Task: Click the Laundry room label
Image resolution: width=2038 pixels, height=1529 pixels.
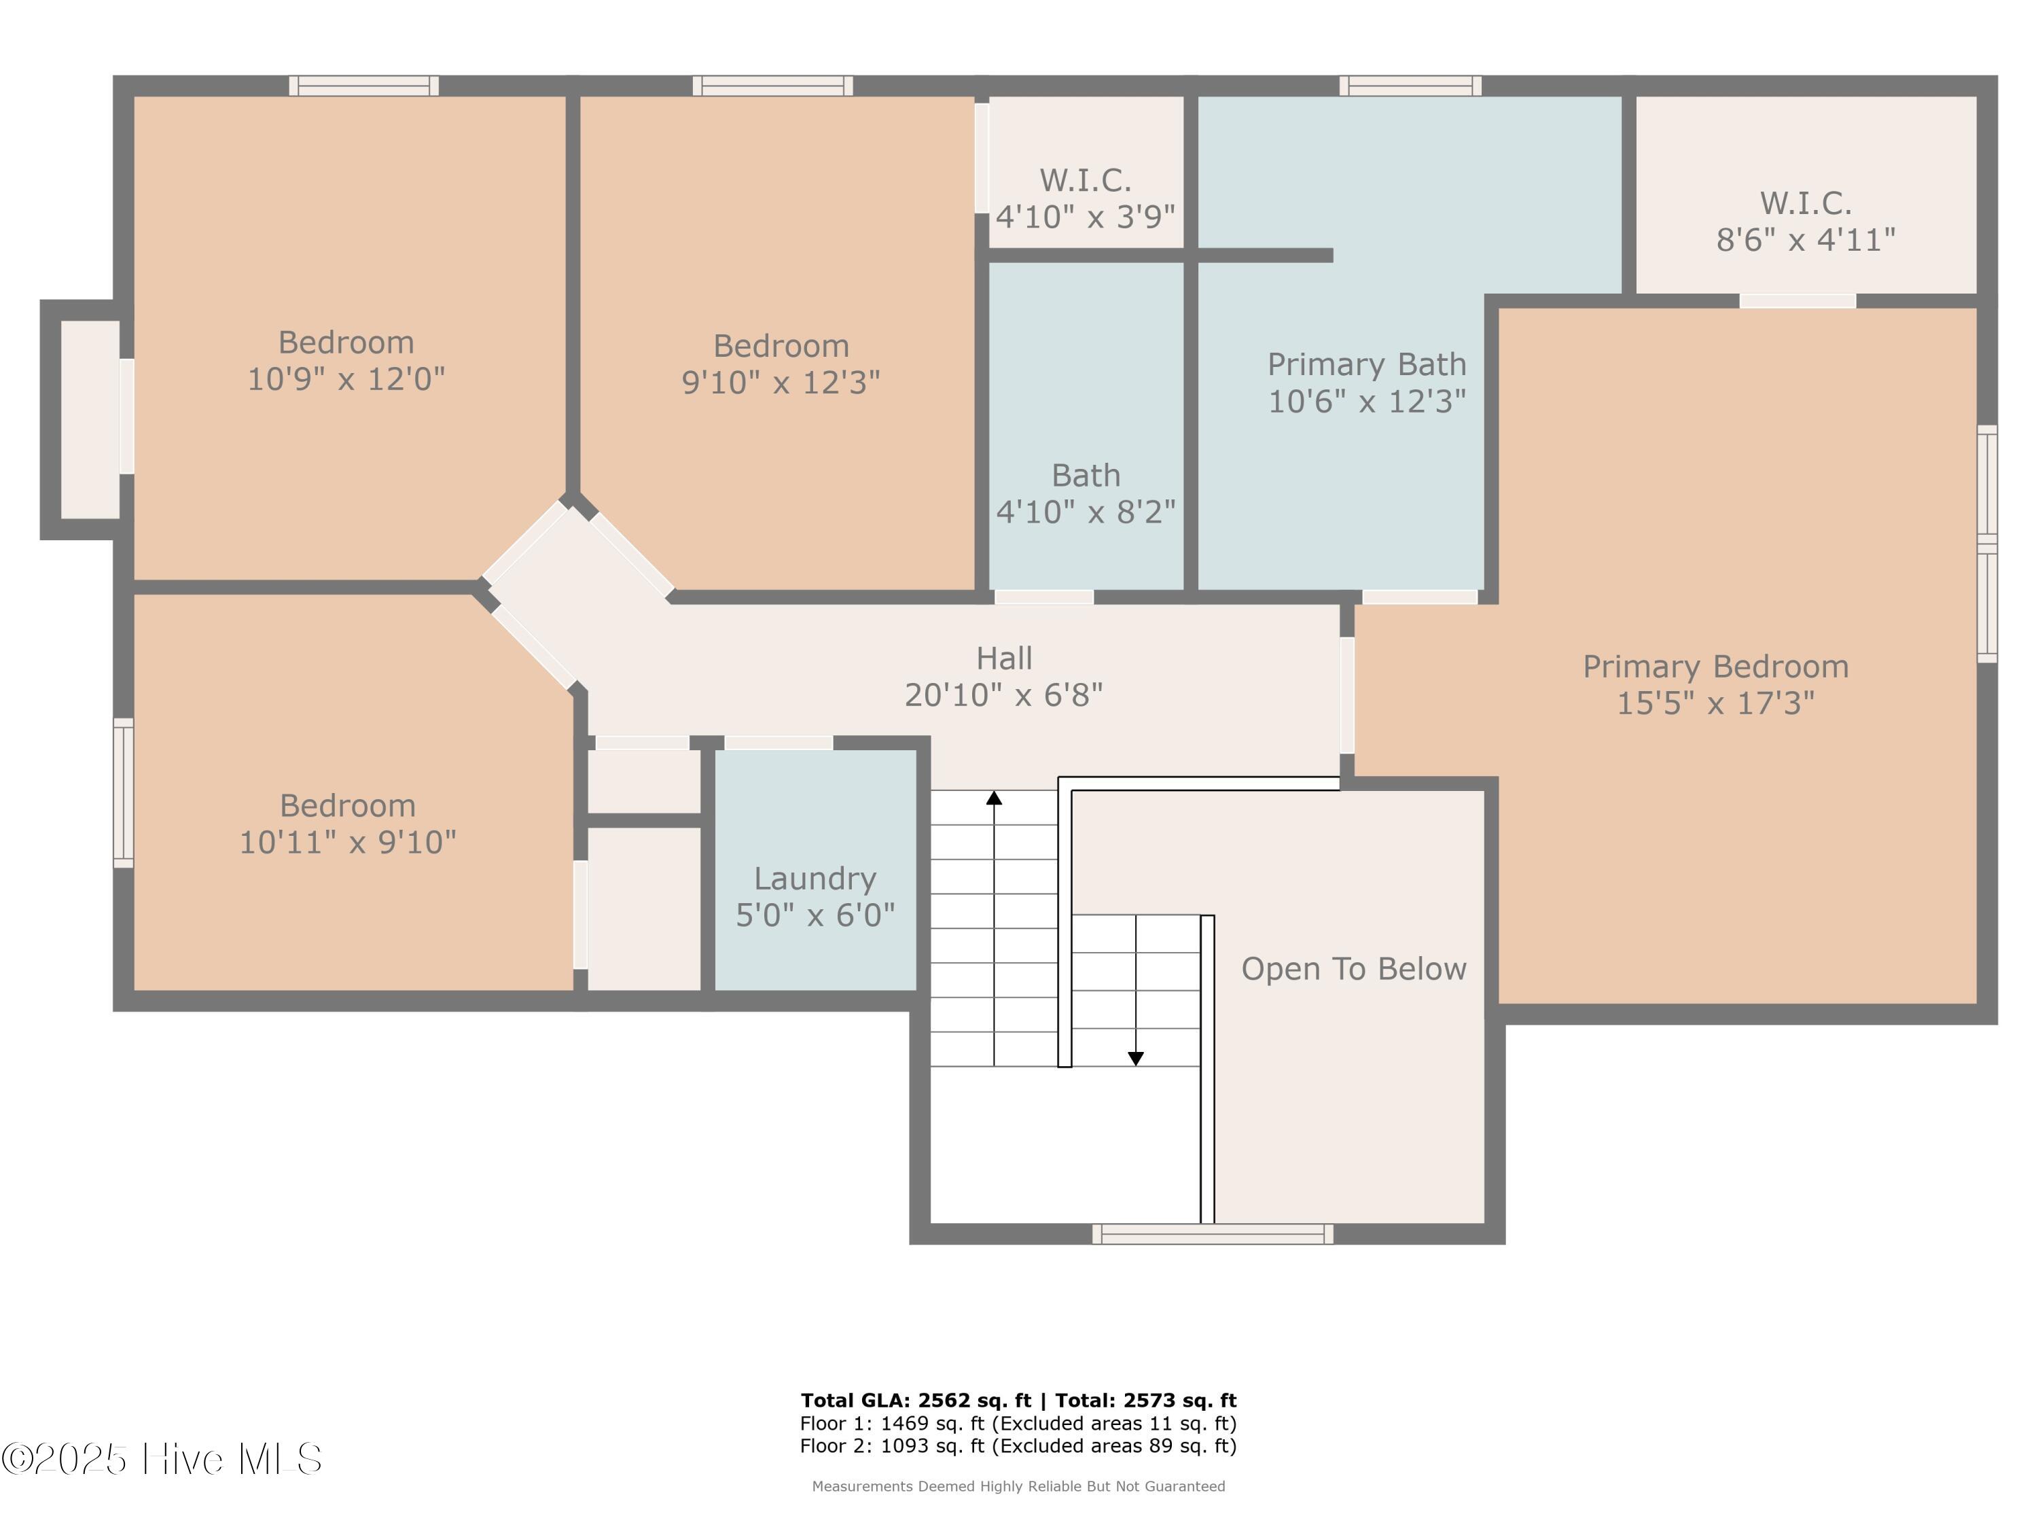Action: coord(815,879)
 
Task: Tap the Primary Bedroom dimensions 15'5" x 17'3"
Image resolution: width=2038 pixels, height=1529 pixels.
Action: coord(1715,703)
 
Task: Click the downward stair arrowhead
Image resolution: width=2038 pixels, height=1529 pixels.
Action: coord(1136,1059)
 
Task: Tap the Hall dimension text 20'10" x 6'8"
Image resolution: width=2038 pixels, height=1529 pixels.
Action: coord(1003,695)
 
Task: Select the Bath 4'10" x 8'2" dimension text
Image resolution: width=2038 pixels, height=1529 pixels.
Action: coord(1086,512)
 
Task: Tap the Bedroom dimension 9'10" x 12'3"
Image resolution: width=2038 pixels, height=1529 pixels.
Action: coord(781,383)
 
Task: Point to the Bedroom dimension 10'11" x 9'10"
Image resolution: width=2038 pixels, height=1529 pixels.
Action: coord(347,843)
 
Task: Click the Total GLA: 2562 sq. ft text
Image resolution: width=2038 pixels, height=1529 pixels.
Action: coord(916,1401)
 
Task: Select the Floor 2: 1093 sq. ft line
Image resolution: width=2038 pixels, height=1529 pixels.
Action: coord(1018,1446)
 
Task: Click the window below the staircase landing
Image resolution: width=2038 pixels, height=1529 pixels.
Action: coord(1213,1234)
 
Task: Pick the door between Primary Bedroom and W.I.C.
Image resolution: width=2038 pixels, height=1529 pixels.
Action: coord(1797,301)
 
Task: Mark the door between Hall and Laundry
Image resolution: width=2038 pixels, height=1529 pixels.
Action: coord(779,743)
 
